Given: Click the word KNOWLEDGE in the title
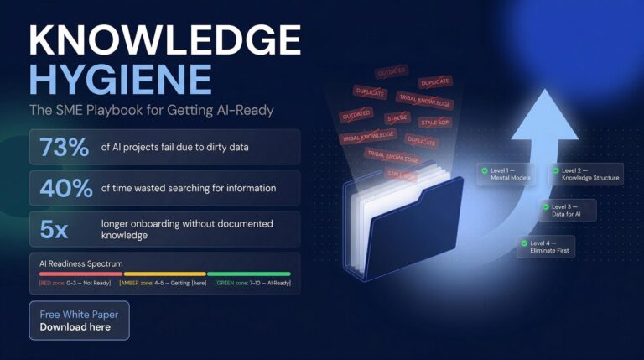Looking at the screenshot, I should pyautogui.click(x=164, y=40).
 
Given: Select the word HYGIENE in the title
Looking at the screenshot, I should pyautogui.click(x=120, y=79).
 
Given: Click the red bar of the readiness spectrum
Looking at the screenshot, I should pyautogui.click(x=80, y=274).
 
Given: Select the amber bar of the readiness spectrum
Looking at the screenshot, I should pyautogui.click(x=164, y=274).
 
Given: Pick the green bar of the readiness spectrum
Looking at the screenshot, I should pyautogui.click(x=248, y=274).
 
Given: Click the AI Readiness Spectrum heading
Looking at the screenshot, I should pyautogui.click(x=81, y=263).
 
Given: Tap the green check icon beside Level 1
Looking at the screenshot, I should pyautogui.click(x=485, y=170).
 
